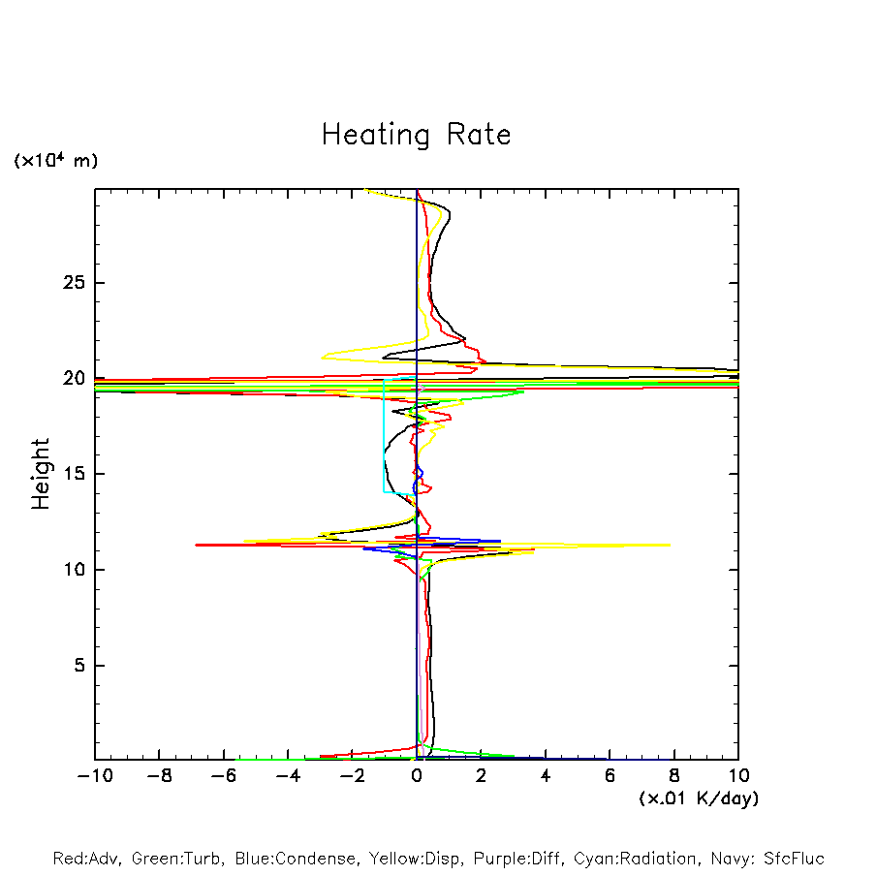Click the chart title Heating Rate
416,135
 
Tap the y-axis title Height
41,474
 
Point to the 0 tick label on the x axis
417,776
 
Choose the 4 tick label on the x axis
546,776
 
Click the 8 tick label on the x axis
674,776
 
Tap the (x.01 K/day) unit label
698,798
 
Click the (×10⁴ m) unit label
55,161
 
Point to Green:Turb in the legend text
178,859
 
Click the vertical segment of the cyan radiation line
385,436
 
